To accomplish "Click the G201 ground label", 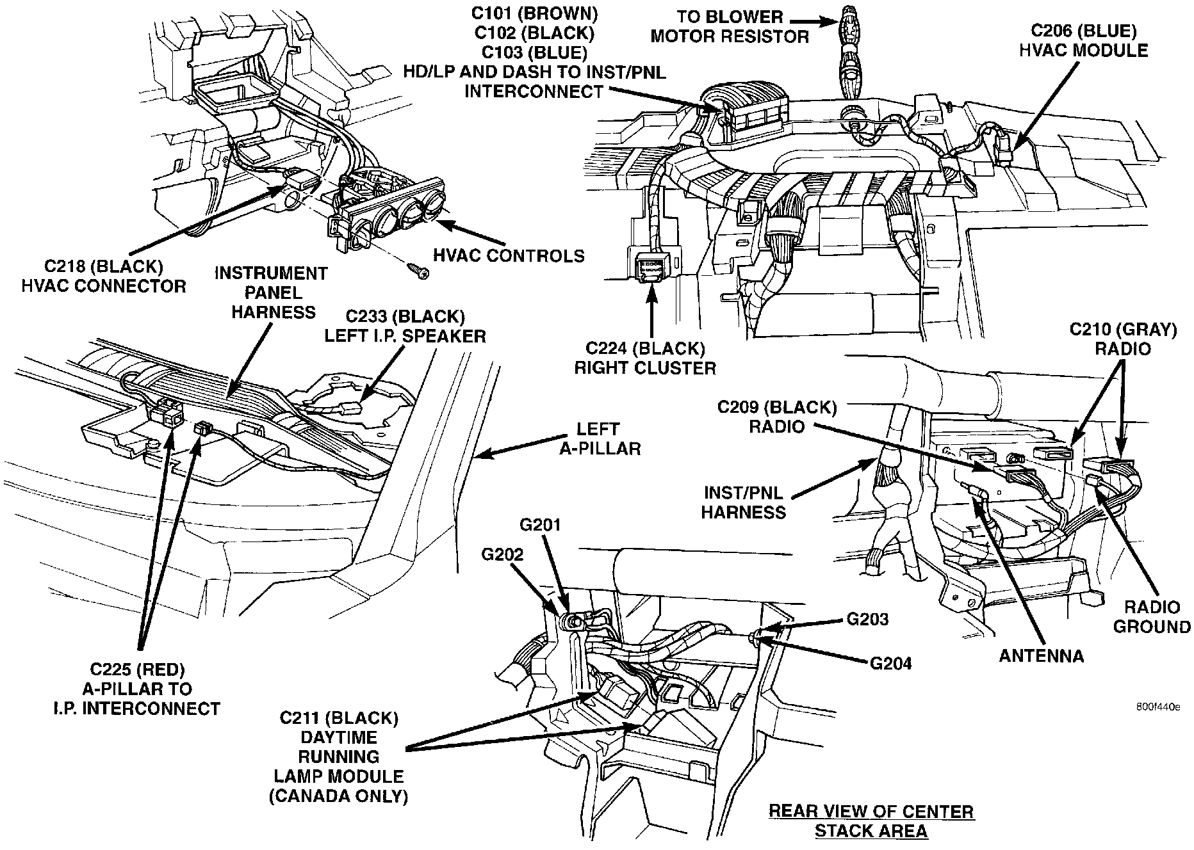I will [539, 525].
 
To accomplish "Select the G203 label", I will [867, 619].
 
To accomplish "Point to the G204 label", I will [890, 663].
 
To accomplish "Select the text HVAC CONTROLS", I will [509, 255].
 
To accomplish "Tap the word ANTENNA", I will [1041, 656].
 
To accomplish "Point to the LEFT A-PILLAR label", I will [600, 438].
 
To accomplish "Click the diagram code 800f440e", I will [1157, 707].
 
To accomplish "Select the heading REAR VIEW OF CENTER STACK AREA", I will [871, 821].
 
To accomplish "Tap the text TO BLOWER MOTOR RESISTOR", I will [730, 26].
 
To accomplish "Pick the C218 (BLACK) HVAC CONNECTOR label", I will [103, 276].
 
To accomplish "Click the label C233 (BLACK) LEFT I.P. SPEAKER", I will [405, 326].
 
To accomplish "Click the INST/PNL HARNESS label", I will [743, 502].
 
